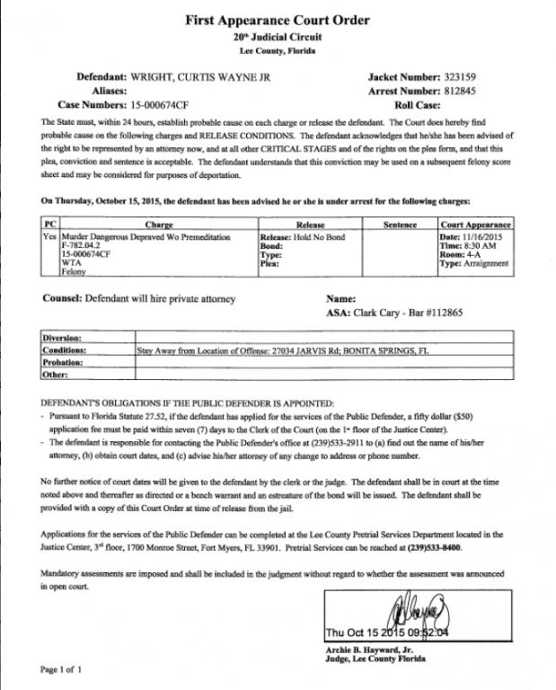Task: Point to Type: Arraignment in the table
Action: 475,262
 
